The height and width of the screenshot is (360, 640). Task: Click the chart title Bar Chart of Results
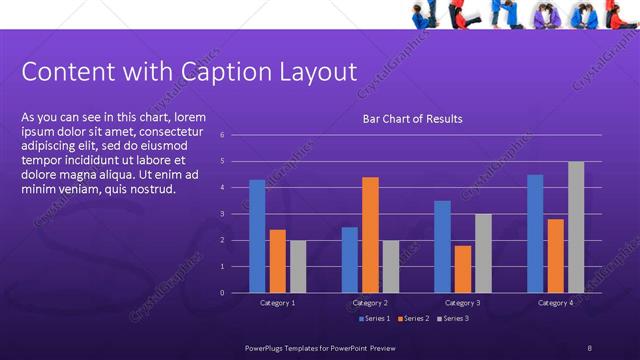point(412,120)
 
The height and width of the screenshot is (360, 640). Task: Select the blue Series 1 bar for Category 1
point(257,236)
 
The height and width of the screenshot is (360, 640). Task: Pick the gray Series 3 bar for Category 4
point(575,227)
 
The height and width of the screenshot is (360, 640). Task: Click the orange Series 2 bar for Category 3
point(462,269)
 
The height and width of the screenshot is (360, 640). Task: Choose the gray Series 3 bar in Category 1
point(298,266)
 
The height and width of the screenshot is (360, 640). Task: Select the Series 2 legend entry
point(413,318)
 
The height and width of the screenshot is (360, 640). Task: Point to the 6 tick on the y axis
point(236,135)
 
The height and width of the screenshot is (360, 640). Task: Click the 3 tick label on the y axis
point(236,214)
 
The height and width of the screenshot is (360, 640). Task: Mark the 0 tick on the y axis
point(236,293)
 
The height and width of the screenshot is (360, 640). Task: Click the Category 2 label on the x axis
point(371,302)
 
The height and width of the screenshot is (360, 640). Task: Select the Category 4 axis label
point(555,302)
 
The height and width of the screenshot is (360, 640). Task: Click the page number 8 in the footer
point(590,347)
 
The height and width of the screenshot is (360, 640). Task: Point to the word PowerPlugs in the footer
point(267,347)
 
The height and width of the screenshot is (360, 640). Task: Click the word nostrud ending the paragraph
point(150,189)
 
